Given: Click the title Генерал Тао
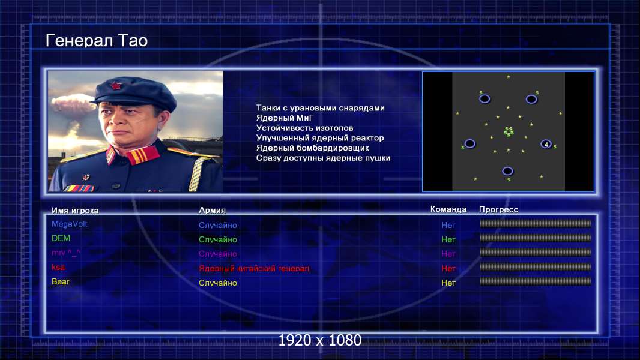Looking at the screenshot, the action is click(x=96, y=41).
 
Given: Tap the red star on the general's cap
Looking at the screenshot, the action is click(x=116, y=86).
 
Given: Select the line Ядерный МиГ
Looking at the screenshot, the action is click(x=285, y=118).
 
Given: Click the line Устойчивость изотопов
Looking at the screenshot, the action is click(x=304, y=128).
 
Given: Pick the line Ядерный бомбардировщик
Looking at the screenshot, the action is click(x=312, y=148).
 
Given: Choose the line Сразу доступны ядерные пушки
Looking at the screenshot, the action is click(x=323, y=158).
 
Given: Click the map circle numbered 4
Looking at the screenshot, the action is click(x=546, y=144).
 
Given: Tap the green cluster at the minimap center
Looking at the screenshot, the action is click(x=509, y=131).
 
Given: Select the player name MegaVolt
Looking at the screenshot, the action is click(x=70, y=224).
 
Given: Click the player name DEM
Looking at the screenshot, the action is click(x=61, y=238).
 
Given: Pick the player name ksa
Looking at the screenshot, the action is click(x=58, y=268).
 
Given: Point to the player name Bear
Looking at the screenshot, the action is click(x=61, y=282).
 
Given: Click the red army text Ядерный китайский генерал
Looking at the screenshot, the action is click(x=254, y=269).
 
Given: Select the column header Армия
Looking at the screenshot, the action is click(x=213, y=211).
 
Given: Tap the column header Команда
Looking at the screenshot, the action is click(x=448, y=209).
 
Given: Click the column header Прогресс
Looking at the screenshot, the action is click(x=498, y=209).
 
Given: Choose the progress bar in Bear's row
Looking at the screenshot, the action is click(x=536, y=281).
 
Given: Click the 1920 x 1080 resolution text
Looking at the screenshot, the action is click(x=320, y=340).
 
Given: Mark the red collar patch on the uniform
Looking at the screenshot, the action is click(x=142, y=155).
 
